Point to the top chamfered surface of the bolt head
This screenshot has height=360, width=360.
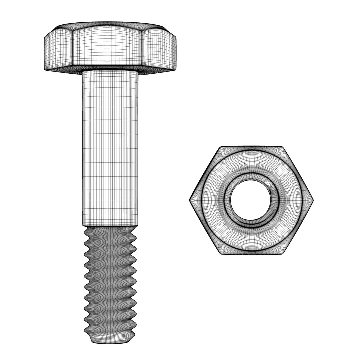click(x=110, y=25)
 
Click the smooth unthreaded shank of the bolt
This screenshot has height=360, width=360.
click(x=110, y=147)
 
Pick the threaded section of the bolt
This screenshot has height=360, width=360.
click(x=110, y=280)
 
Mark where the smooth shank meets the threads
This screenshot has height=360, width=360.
click(x=110, y=226)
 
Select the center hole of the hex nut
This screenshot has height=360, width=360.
click(x=251, y=200)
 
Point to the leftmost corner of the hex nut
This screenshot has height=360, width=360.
click(x=190, y=200)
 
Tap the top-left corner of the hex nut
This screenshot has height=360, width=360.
click(x=220, y=147)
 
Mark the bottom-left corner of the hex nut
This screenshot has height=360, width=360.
click(x=221, y=254)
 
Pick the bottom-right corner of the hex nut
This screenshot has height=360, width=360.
click(x=283, y=254)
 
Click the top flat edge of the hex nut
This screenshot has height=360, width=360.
click(x=251, y=147)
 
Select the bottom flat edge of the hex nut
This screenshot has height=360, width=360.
click(x=251, y=255)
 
